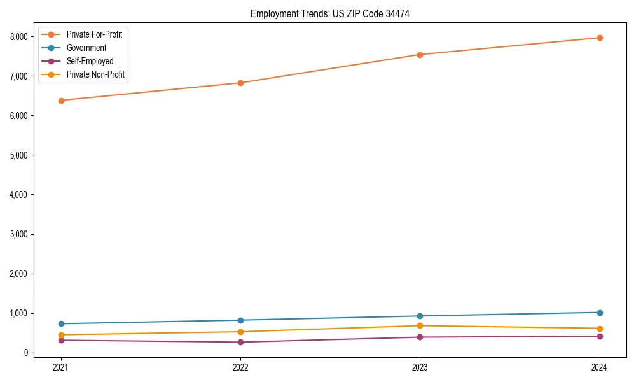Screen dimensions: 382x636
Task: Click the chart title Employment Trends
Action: (x=335, y=13)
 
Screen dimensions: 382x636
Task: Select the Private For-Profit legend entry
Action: (x=94, y=34)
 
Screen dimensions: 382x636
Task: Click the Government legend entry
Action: (x=86, y=48)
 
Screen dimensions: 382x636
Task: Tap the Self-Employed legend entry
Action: (x=90, y=61)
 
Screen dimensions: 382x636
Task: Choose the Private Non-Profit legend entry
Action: (x=95, y=74)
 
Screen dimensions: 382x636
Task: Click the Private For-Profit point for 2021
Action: (x=61, y=101)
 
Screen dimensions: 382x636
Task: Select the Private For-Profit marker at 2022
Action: (x=240, y=83)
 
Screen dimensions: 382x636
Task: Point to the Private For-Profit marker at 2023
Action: (x=420, y=55)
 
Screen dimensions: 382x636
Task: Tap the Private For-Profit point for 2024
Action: (x=600, y=38)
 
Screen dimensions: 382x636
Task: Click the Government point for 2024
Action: (x=600, y=313)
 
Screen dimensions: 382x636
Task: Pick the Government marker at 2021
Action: (x=61, y=323)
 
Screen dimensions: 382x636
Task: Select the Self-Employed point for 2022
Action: (x=240, y=342)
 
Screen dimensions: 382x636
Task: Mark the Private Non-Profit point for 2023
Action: (x=420, y=326)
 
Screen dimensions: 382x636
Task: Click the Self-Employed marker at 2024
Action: (x=600, y=336)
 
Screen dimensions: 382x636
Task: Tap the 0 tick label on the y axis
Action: (x=26, y=353)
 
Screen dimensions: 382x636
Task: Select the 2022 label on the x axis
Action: (x=240, y=367)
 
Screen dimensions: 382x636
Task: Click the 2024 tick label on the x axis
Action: (x=600, y=367)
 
